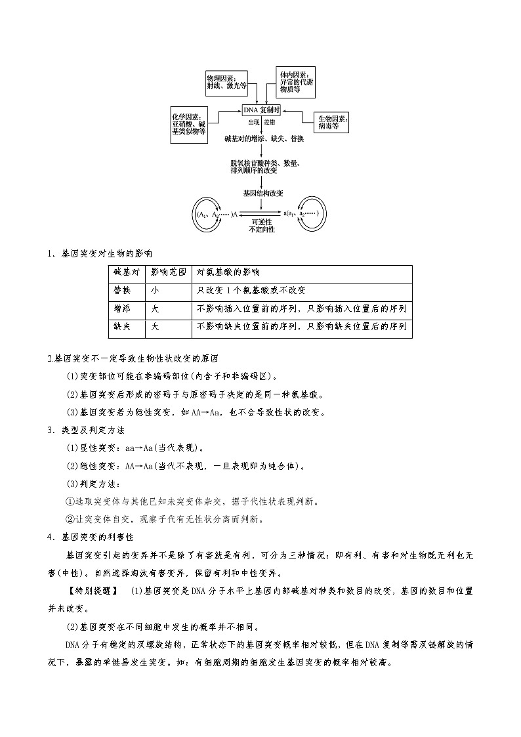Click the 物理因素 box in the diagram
(x=226, y=81)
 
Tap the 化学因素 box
(x=189, y=123)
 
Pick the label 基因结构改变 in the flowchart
(x=261, y=194)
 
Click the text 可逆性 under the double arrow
(x=262, y=222)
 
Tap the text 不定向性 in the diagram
(x=262, y=230)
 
